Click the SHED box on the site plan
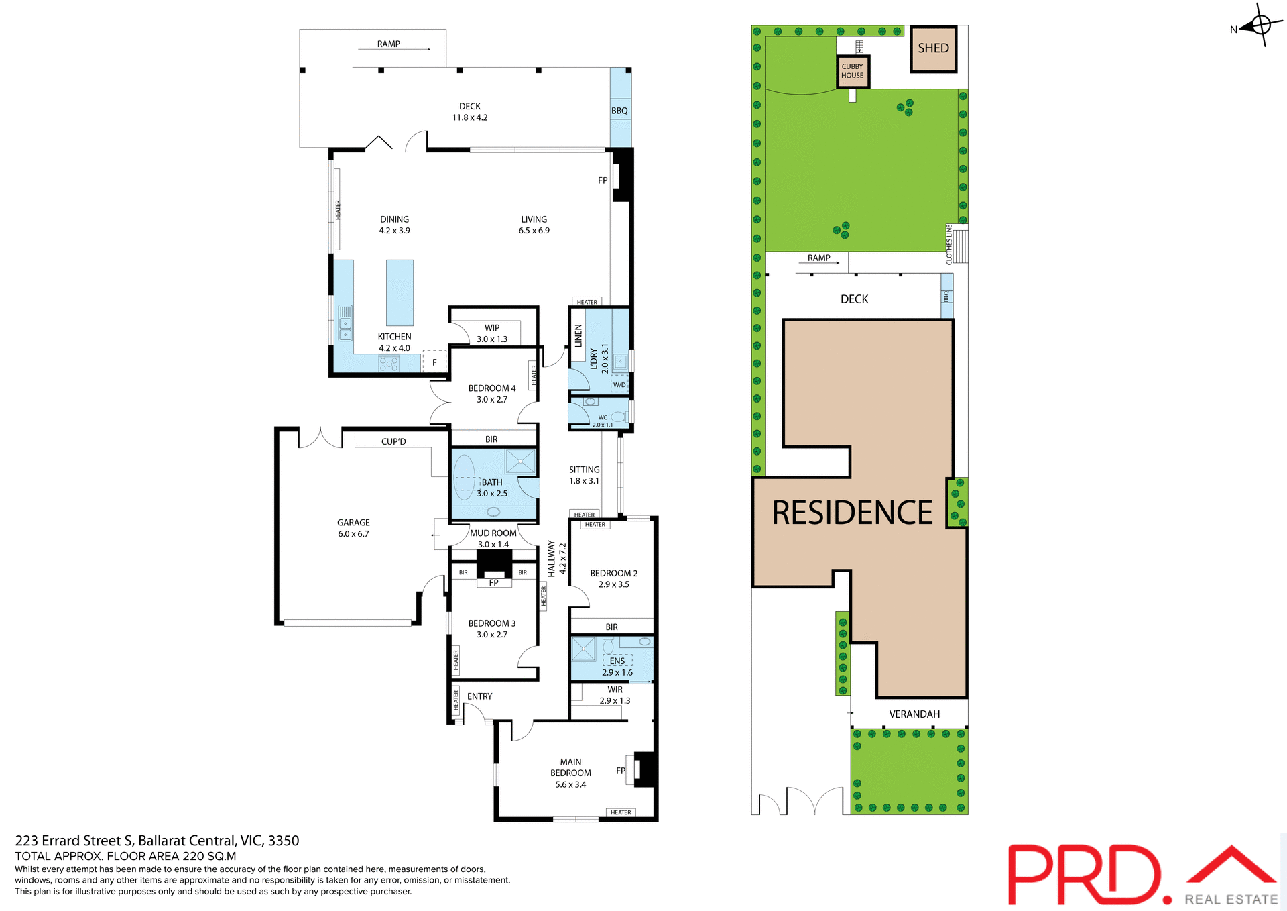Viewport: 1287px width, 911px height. [x=933, y=48]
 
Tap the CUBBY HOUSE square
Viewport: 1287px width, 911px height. [x=853, y=71]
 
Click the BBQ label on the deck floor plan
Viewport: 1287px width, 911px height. [x=619, y=111]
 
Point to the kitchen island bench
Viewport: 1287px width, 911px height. [x=400, y=292]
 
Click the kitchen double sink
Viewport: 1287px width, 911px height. [x=345, y=323]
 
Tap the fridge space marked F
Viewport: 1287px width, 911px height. [x=434, y=362]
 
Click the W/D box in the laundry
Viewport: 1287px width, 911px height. [x=619, y=385]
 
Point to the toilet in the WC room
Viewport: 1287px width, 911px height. [x=618, y=417]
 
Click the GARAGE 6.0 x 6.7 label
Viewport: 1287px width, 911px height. [x=353, y=528]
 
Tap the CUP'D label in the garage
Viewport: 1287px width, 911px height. [x=393, y=441]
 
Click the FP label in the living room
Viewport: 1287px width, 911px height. [x=603, y=180]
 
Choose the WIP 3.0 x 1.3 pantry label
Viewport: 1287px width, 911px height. [x=492, y=333]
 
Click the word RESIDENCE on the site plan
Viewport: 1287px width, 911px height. [x=852, y=513]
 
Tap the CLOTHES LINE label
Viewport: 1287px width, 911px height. [x=949, y=244]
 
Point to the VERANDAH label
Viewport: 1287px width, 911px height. [x=914, y=714]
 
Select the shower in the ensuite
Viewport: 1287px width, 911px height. [x=583, y=649]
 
